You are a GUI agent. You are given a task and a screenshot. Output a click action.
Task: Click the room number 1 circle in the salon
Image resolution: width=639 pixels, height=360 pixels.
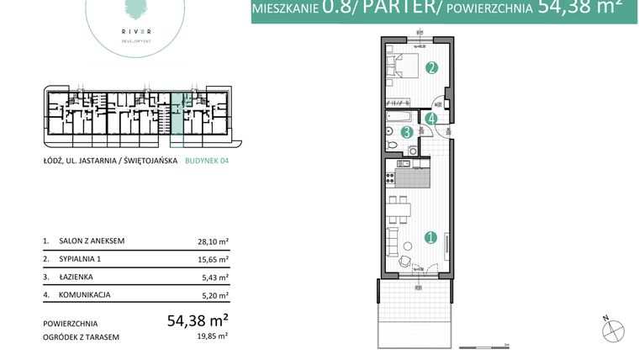coord(430,238)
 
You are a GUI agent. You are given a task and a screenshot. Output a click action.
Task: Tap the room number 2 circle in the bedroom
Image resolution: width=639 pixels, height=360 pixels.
coord(430,68)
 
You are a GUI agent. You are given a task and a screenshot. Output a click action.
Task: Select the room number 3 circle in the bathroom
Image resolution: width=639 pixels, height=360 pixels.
coord(406,132)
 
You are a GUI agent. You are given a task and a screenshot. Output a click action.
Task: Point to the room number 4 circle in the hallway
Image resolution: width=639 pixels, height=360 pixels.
coord(430,119)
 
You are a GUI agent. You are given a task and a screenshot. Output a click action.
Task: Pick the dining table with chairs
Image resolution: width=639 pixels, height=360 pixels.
coord(397,206)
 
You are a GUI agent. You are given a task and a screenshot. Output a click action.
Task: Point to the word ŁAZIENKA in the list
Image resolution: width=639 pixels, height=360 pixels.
coord(77,277)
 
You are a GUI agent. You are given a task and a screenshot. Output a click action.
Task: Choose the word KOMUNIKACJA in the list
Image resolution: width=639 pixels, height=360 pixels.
coord(85,295)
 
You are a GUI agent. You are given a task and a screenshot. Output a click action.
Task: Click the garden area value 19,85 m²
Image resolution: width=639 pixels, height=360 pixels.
coord(213,336)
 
